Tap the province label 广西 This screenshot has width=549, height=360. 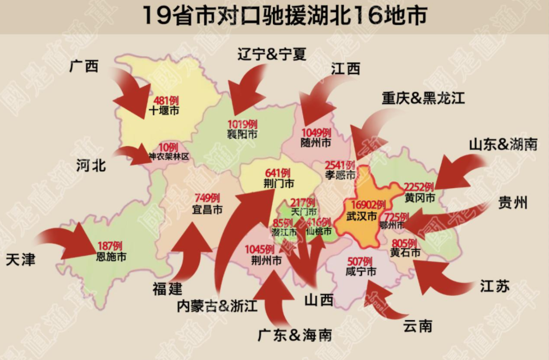pyautogui.click(x=84, y=66)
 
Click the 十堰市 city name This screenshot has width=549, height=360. pyautogui.click(x=164, y=111)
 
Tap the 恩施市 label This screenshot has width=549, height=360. pyautogui.click(x=111, y=257)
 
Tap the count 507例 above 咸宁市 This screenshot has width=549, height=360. pyautogui.click(x=360, y=262)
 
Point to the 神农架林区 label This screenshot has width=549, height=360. pyautogui.click(x=168, y=157)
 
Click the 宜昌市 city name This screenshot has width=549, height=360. pyautogui.click(x=207, y=209)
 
